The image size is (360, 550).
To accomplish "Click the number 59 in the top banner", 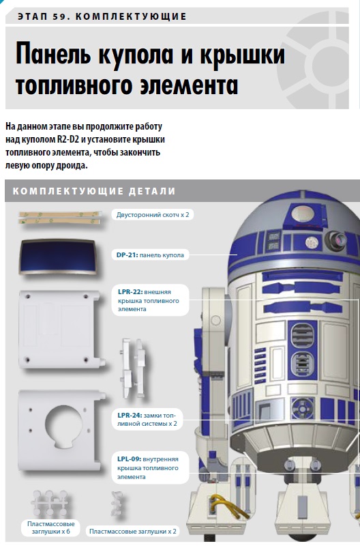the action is (x=60, y=16).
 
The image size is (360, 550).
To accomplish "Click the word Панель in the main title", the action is (x=53, y=55).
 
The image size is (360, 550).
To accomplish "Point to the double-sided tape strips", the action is (x=59, y=218).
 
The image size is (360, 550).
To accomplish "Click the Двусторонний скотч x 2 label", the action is (x=153, y=215).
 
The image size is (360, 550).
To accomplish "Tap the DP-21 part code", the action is (x=127, y=255).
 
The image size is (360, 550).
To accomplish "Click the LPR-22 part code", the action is (x=130, y=292).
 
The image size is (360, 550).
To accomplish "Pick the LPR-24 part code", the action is (x=130, y=416).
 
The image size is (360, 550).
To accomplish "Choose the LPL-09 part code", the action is (x=129, y=459).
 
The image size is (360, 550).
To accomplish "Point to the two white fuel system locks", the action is (x=133, y=368).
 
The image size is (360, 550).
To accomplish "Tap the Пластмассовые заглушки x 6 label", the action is (x=51, y=527).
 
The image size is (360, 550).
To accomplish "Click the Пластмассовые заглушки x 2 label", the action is (x=133, y=532).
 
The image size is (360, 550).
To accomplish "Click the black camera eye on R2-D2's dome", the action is (x=336, y=241).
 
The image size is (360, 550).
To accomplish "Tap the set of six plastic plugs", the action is (x=51, y=504).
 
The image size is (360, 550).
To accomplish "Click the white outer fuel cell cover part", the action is (x=61, y=329).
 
